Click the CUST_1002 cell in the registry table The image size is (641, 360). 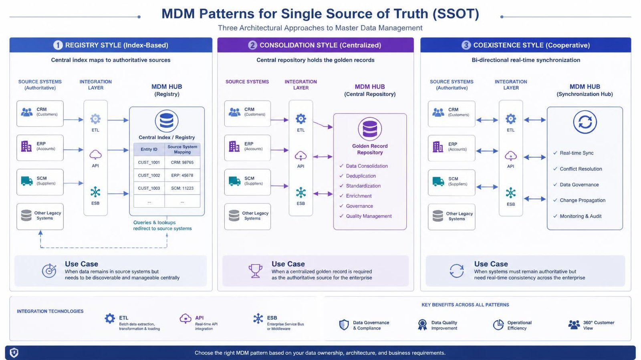(x=149, y=175)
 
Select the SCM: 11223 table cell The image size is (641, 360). (x=182, y=188)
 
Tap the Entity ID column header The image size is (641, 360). (x=149, y=149)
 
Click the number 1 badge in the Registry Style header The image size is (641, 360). (x=58, y=45)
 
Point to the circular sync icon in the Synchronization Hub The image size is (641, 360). (x=585, y=122)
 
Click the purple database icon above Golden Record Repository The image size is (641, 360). (x=370, y=129)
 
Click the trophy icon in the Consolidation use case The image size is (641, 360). (x=255, y=270)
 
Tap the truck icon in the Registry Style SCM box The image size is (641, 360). (x=27, y=181)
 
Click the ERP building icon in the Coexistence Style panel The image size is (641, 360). (x=438, y=147)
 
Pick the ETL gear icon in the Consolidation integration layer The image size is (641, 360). (x=301, y=119)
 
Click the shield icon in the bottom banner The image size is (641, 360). (x=14, y=352)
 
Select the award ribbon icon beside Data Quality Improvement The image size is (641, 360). (x=422, y=325)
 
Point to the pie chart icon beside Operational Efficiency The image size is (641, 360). (x=498, y=324)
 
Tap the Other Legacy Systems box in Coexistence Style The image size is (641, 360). (x=452, y=217)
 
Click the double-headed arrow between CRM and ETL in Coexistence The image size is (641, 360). (x=487, y=121)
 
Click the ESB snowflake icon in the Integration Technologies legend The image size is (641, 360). (x=258, y=318)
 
